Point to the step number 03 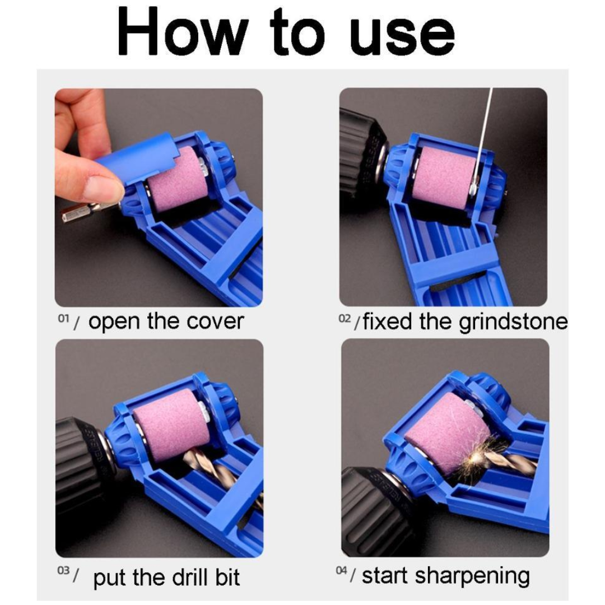tap(63, 571)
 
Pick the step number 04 tap(342, 571)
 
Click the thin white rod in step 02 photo tap(484, 129)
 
